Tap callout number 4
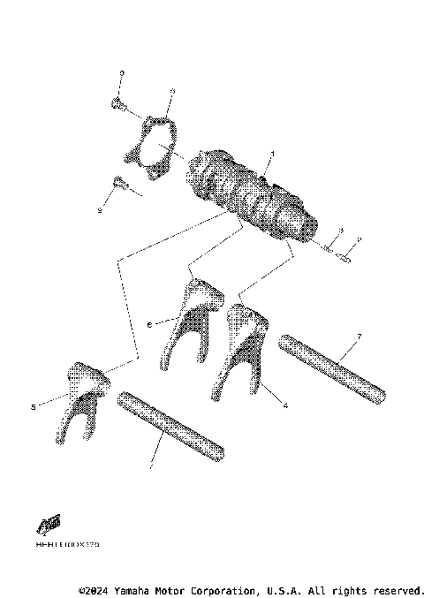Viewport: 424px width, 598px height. point(286,405)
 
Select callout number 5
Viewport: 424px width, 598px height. point(33,407)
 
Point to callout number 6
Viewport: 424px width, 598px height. point(148,325)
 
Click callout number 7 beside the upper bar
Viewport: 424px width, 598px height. point(360,337)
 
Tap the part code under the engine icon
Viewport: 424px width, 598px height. point(67,546)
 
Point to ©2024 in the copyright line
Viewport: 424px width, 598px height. point(96,589)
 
